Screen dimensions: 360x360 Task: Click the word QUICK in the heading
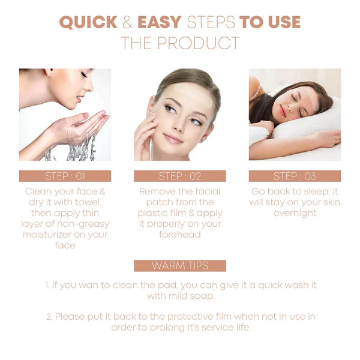[x=88, y=22]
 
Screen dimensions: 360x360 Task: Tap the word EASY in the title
[x=160, y=22]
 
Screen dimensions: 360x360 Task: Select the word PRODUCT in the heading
[x=199, y=43]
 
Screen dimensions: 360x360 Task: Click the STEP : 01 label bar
[x=65, y=176]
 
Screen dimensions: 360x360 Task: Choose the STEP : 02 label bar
[x=180, y=176]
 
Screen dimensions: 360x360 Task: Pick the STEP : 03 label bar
[x=295, y=176]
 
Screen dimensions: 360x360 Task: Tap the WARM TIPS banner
[x=180, y=266]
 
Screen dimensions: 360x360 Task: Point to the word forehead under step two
[x=180, y=235]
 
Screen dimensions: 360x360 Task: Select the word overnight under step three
[x=295, y=213]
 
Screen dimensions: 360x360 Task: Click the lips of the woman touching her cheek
[x=173, y=139]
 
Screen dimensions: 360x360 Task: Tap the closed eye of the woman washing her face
[x=84, y=75]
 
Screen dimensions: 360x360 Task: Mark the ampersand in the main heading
[x=127, y=22]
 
